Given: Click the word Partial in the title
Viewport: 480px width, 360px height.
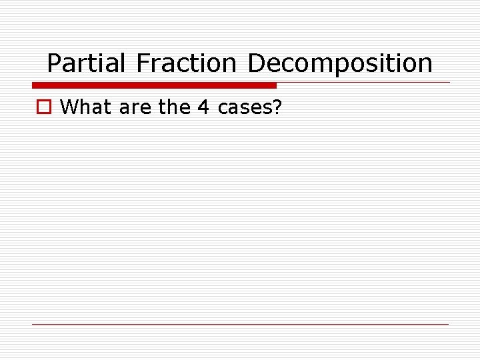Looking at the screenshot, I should tap(86, 63).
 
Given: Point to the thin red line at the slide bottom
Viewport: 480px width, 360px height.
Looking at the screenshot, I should tap(240, 324).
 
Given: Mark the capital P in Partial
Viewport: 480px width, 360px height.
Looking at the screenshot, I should tap(53, 63).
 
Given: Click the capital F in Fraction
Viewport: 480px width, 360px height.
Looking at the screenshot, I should tap(143, 63).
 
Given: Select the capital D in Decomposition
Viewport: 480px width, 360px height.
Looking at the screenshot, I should tap(255, 63).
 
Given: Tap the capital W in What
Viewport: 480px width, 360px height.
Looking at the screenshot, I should tap(68, 107).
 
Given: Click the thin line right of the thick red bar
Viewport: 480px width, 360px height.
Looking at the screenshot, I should tap(363, 83).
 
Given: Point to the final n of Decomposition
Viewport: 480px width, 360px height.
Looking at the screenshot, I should tap(425, 65).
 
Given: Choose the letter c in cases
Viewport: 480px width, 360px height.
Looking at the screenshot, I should tap(223, 108).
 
